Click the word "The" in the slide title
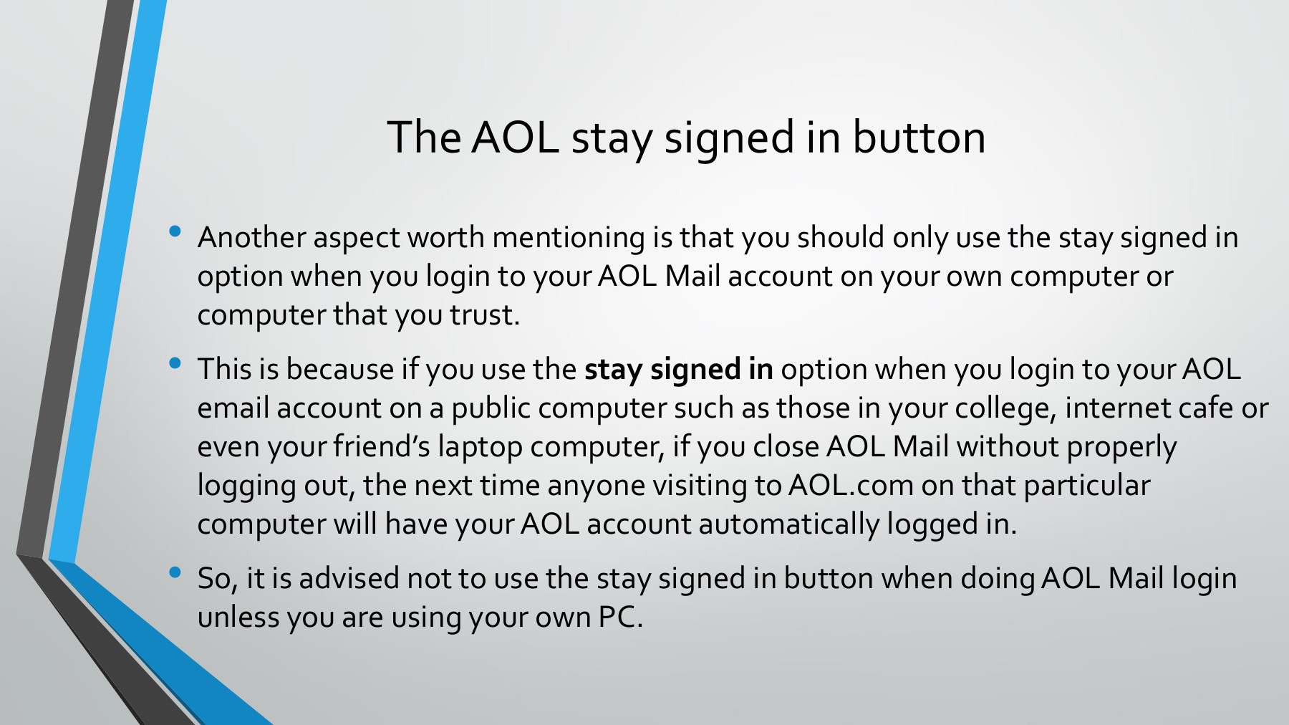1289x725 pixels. pyautogui.click(x=424, y=137)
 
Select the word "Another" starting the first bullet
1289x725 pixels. pyautogui.click(x=251, y=237)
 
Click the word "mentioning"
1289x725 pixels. pyautogui.click(x=569, y=237)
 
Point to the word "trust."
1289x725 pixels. pyautogui.click(x=484, y=315)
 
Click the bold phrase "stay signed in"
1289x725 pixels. pyautogui.click(x=678, y=370)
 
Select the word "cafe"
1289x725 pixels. pyautogui.click(x=1205, y=408)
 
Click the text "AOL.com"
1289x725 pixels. pyautogui.click(x=851, y=485)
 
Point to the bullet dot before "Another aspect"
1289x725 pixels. pyautogui.click(x=175, y=231)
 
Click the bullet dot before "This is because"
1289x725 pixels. pyautogui.click(x=175, y=363)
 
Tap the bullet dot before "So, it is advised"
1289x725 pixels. pyautogui.click(x=175, y=572)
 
